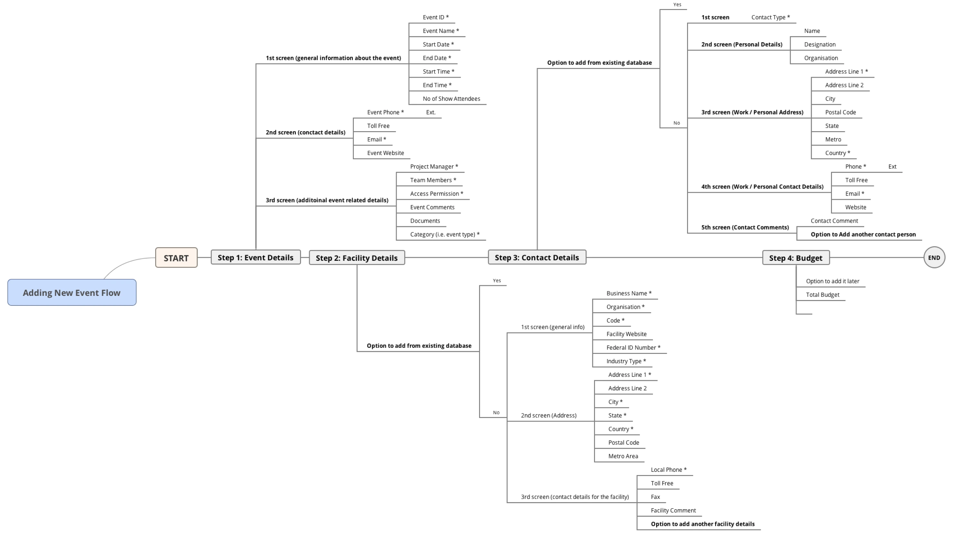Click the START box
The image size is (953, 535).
click(176, 258)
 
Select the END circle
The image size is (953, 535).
click(934, 257)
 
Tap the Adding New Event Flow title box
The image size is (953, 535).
click(72, 293)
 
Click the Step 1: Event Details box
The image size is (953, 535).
click(256, 257)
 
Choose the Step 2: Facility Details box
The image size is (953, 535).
click(357, 258)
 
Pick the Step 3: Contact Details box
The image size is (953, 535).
click(537, 257)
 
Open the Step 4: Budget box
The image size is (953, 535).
click(796, 258)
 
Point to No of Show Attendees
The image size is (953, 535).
click(451, 99)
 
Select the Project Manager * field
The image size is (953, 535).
click(434, 167)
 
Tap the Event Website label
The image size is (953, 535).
click(385, 153)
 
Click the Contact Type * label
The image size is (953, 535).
click(771, 17)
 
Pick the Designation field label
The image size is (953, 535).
click(820, 44)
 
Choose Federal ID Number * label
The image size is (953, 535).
click(633, 348)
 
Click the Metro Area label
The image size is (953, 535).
click(623, 456)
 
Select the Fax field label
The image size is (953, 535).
click(655, 497)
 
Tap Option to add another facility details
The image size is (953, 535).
click(703, 524)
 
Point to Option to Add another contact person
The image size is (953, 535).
click(863, 234)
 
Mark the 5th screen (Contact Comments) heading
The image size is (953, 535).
click(745, 227)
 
